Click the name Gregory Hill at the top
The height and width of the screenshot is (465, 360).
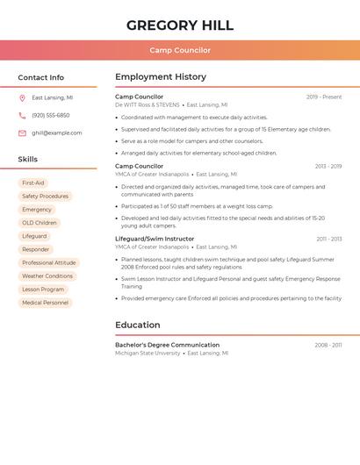pos(179,25)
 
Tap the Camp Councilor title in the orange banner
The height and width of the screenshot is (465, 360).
pos(179,50)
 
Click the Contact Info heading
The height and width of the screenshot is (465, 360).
pos(40,77)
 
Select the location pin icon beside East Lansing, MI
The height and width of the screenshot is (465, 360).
pos(22,98)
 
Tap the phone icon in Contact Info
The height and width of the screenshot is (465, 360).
pos(22,116)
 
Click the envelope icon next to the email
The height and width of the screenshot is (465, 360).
pos(22,133)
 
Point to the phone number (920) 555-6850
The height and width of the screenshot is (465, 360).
pos(50,116)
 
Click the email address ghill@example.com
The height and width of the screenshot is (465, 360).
pos(56,133)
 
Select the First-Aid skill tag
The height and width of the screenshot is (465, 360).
pos(33,183)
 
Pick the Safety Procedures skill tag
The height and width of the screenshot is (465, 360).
pos(45,197)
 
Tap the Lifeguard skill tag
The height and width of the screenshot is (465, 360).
pos(34,236)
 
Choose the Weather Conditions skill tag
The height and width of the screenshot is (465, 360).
pos(47,276)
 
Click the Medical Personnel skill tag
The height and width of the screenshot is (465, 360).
pos(45,303)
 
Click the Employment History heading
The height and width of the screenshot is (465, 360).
pos(161,77)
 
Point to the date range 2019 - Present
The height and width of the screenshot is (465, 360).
pos(323,97)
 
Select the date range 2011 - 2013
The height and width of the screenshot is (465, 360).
pos(328,239)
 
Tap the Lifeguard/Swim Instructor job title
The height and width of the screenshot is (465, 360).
pos(155,239)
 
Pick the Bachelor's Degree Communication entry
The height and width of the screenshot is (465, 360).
pos(167,345)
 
